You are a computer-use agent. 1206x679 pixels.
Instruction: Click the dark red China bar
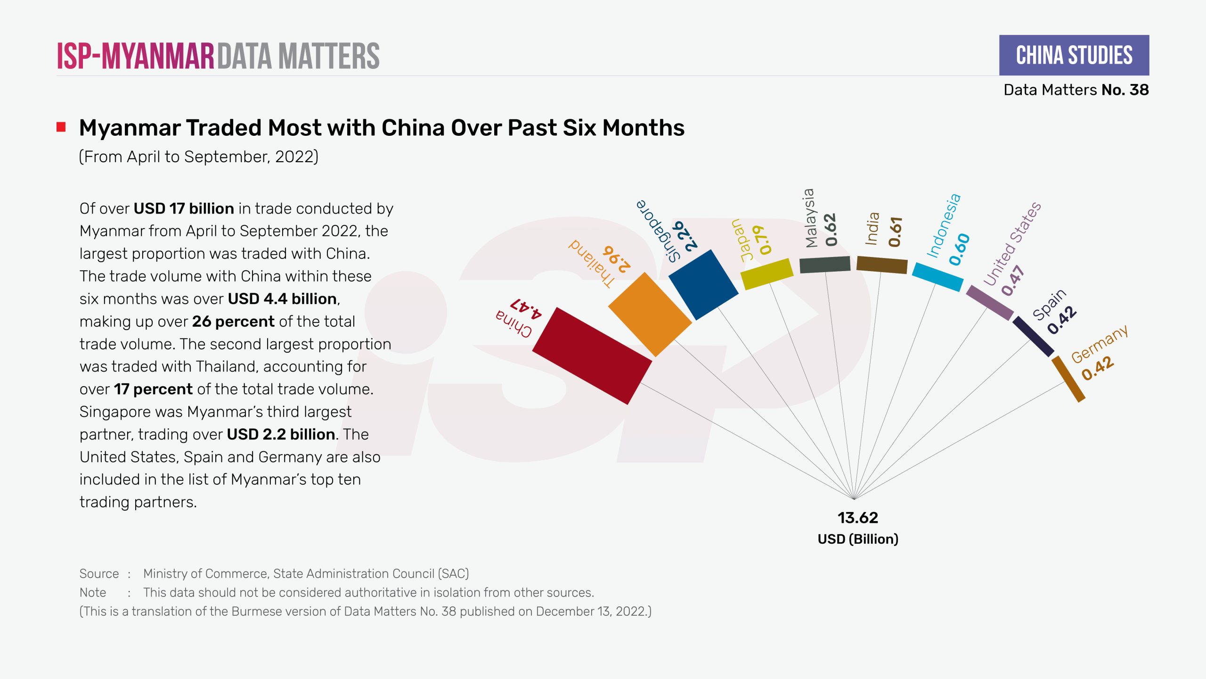tap(592, 356)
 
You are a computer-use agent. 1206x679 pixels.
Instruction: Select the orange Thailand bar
tap(650, 315)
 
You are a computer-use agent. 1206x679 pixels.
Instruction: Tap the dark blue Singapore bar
tap(703, 285)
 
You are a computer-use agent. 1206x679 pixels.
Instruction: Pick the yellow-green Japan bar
tap(767, 273)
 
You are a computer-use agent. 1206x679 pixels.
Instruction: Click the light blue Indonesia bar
tap(937, 277)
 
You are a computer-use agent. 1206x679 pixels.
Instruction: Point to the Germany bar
tap(1068, 379)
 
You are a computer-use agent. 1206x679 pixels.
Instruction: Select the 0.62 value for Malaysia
tap(831, 230)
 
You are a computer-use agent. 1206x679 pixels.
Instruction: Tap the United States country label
tap(1012, 244)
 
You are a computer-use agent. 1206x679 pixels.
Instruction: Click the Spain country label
tap(1049, 304)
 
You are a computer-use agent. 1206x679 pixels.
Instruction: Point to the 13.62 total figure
tap(857, 518)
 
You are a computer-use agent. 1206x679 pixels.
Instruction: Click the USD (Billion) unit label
tap(858, 539)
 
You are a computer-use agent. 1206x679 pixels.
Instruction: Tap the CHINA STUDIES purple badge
tap(1074, 55)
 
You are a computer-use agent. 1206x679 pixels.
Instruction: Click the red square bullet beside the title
tap(61, 127)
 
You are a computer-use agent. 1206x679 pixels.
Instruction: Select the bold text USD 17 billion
tap(184, 208)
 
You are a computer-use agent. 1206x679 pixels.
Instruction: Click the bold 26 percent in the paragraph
tap(233, 322)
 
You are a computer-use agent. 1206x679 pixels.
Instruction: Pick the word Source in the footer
tap(99, 573)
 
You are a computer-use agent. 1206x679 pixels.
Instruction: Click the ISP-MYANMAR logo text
tap(136, 56)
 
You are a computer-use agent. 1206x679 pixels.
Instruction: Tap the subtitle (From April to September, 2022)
tap(198, 157)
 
